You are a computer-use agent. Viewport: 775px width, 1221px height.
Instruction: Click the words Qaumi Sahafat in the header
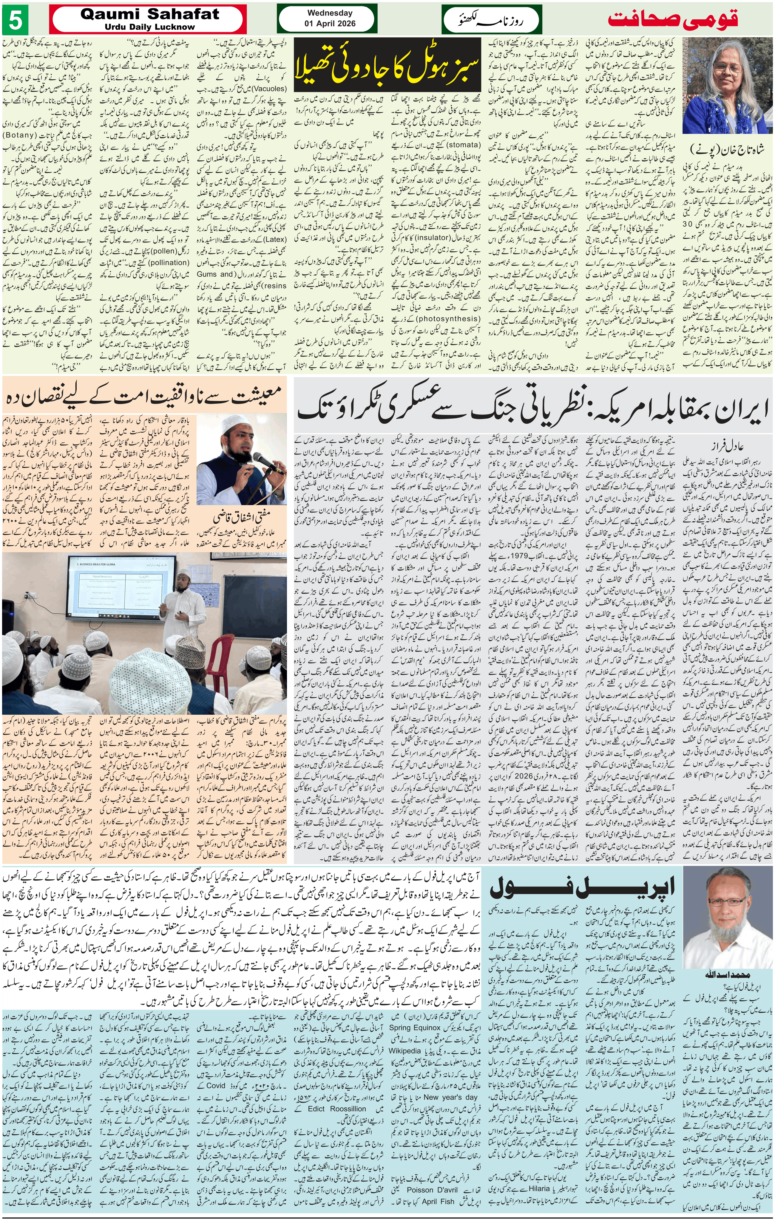click(x=150, y=15)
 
